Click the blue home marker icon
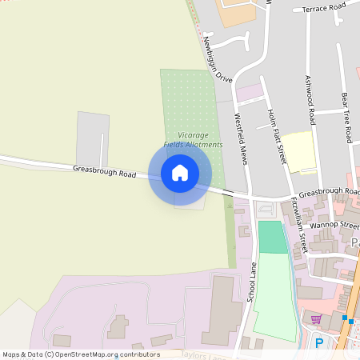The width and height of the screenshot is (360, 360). (180, 172)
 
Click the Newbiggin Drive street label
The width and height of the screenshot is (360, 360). (217, 60)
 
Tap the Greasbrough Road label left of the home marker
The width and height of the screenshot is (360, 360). (106, 170)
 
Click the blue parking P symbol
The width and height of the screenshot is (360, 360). (319, 343)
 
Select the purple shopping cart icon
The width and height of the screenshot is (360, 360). (316, 319)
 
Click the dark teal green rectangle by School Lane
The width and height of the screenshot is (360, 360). (272, 238)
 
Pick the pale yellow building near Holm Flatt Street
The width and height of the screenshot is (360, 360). (298, 151)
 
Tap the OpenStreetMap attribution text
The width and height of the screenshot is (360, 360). (81, 354)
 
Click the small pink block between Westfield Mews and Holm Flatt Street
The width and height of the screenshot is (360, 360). (249, 92)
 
